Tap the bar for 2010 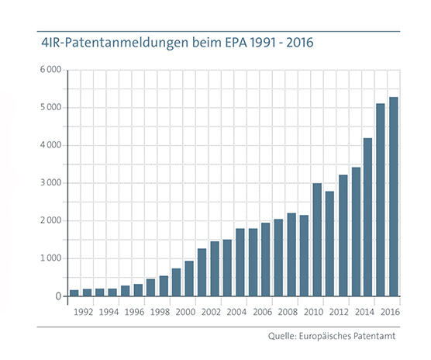[317, 240]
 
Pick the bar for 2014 [368, 217]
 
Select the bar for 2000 [190, 279]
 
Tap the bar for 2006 [266, 259]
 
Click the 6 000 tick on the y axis [50, 70]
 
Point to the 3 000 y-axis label [50, 183]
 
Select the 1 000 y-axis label [50, 258]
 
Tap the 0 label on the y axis [58, 296]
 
